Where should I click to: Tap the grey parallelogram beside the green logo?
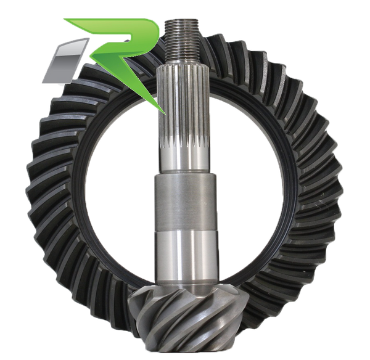click(65, 61)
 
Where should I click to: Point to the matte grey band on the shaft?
click(185, 203)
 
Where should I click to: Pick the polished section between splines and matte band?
click(184, 160)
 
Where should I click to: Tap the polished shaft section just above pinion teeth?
click(185, 260)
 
